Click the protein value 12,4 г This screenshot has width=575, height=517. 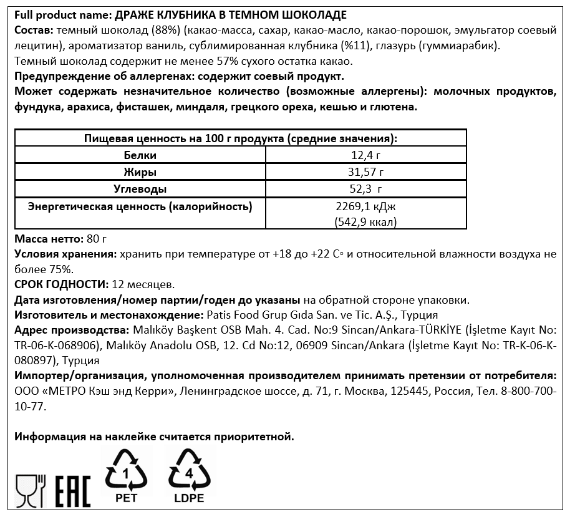pos(366,155)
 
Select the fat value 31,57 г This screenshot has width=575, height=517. pos(366,172)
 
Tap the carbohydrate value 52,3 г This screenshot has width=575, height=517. pos(366,189)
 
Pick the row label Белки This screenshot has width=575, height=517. pos(140,155)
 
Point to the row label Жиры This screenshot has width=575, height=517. pos(140,172)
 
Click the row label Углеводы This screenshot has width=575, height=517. pos(140,189)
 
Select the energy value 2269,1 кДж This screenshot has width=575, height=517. pos(366,206)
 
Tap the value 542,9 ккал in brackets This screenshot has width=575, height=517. pos(366,221)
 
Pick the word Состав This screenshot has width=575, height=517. pos(32,31)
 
